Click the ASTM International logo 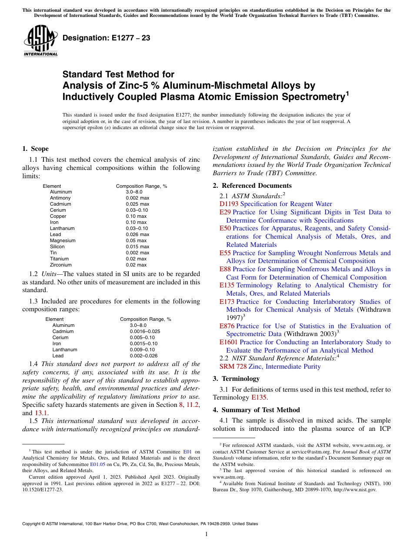tap(40, 41)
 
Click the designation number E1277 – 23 tap(107, 38)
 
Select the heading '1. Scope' tap(35, 149)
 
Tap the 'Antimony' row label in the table tap(60, 198)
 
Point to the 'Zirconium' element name tap(61, 265)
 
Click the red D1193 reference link tap(229, 204)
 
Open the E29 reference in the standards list tap(225, 212)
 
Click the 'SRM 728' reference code tap(233, 366)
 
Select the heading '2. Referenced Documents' tap(252, 186)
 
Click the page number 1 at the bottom tap(206, 534)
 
